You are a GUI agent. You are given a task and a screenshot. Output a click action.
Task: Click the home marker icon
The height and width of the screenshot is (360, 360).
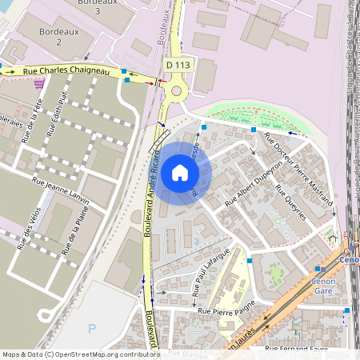point(180,173)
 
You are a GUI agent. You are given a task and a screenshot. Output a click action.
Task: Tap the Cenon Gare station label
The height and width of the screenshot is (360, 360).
point(322,286)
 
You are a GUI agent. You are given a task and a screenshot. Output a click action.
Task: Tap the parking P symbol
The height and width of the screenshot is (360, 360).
point(92,328)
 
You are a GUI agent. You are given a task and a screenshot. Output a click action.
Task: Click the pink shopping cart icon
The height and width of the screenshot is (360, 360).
point(38,83)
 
